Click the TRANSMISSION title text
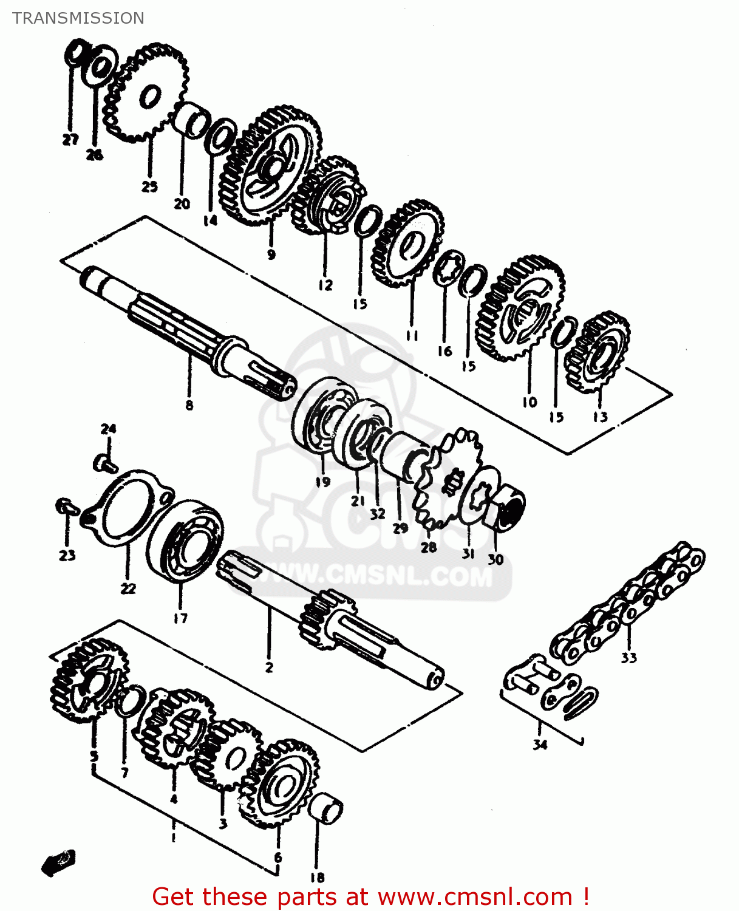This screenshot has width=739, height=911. [x=78, y=18]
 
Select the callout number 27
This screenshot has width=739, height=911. [x=70, y=139]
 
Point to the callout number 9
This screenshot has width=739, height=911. [x=271, y=254]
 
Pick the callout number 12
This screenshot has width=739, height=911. [x=325, y=284]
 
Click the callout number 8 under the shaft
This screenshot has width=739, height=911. [x=189, y=405]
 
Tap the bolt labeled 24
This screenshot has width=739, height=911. [x=105, y=463]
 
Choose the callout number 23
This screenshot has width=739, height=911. [x=67, y=554]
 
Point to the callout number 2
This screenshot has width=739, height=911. [x=269, y=667]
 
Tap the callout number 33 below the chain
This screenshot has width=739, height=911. [x=628, y=657]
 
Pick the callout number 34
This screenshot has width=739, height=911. [x=540, y=744]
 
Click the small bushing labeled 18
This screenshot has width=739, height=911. [x=326, y=808]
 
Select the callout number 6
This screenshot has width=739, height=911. [x=278, y=858]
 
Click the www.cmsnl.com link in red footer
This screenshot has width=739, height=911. [x=475, y=896]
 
